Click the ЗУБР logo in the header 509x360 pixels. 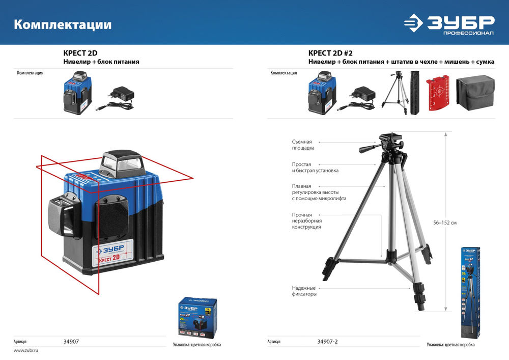point(449,23)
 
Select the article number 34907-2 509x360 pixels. point(327,342)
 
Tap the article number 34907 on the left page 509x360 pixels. point(71,342)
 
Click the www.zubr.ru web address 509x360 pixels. point(26,351)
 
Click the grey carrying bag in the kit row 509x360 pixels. point(475,92)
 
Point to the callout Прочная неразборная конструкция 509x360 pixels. point(306,221)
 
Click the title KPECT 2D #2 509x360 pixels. point(330,53)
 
